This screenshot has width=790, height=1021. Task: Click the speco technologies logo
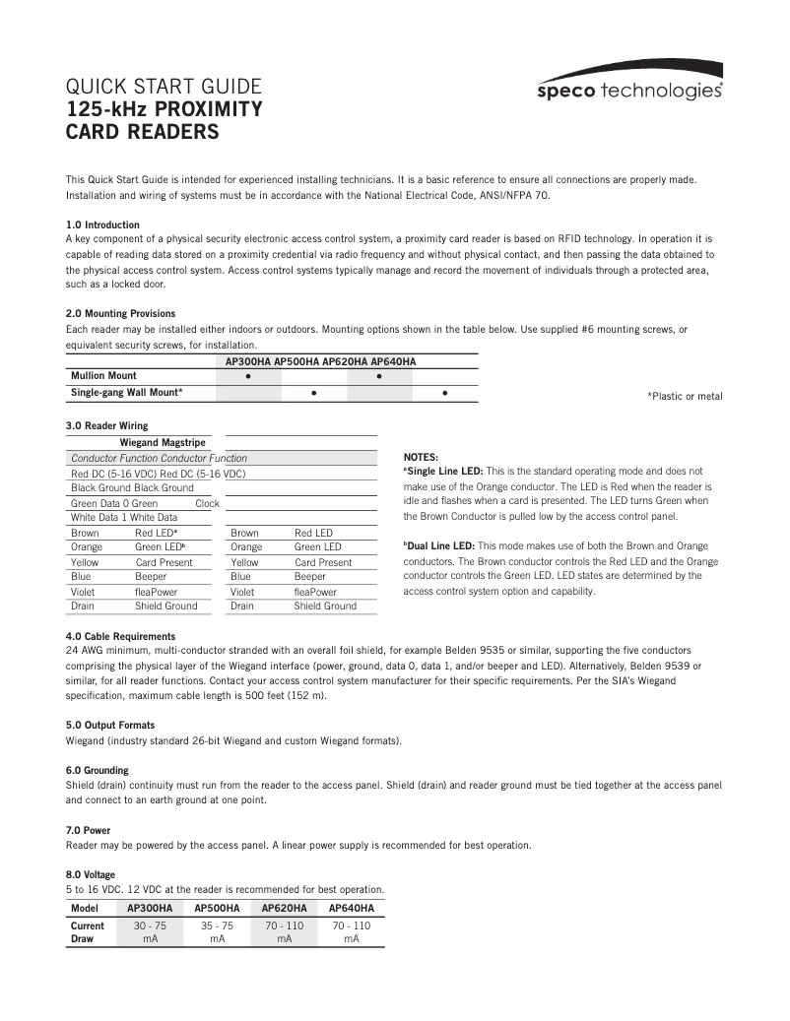[x=630, y=90]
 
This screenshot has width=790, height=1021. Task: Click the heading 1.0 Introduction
[x=102, y=224]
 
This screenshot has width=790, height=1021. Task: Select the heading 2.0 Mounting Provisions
[x=120, y=313]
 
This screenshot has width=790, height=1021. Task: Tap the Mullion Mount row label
[x=103, y=376]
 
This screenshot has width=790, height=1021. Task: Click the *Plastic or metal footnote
[x=684, y=396]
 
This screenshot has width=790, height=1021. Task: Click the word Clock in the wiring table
[x=207, y=503]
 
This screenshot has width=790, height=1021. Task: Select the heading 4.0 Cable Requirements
[x=120, y=636]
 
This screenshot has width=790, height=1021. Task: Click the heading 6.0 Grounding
[x=97, y=770]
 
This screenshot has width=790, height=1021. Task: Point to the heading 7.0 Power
[x=88, y=830]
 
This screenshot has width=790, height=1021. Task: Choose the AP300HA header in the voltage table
[x=150, y=908]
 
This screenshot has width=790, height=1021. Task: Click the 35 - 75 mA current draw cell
[x=217, y=932]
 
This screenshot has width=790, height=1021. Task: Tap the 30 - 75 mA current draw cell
[x=150, y=932]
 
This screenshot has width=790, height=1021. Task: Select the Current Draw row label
[x=88, y=932]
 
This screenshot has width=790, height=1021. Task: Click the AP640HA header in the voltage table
[x=351, y=908]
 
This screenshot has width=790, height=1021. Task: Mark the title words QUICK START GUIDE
[x=163, y=85]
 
